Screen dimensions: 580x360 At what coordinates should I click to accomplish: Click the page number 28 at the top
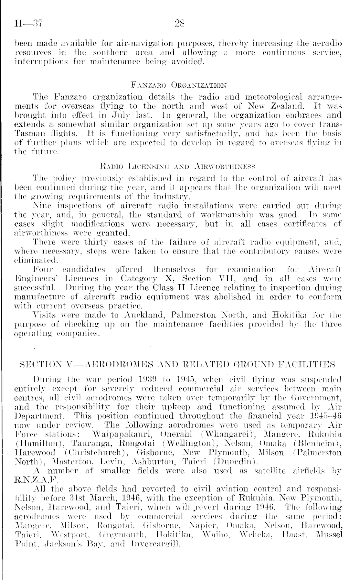(x=179, y=24)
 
